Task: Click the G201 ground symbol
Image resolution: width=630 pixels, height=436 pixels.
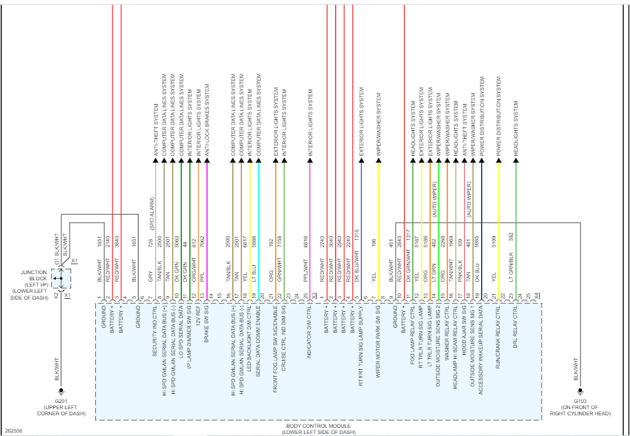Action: pos(61,391)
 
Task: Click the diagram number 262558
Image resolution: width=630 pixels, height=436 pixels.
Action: pos(14,430)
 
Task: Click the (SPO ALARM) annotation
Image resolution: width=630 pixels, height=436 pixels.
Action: pos(153,214)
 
